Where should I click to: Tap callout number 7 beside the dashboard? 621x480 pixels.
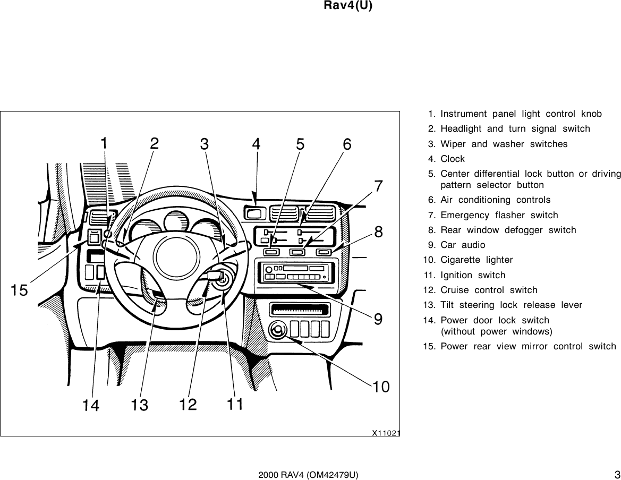[x=379, y=186]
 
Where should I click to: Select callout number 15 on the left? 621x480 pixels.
[x=20, y=290]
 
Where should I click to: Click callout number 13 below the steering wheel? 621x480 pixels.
[x=140, y=406]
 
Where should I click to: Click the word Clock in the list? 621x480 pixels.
[x=452, y=159]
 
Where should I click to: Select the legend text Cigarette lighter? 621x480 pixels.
[x=476, y=260]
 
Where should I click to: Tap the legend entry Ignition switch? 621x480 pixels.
[x=472, y=275]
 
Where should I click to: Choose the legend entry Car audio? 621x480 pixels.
[x=462, y=245]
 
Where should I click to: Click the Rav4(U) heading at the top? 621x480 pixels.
[x=347, y=6]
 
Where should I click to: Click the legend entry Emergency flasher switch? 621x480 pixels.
[x=499, y=215]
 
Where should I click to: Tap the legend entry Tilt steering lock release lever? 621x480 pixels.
[x=511, y=305]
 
